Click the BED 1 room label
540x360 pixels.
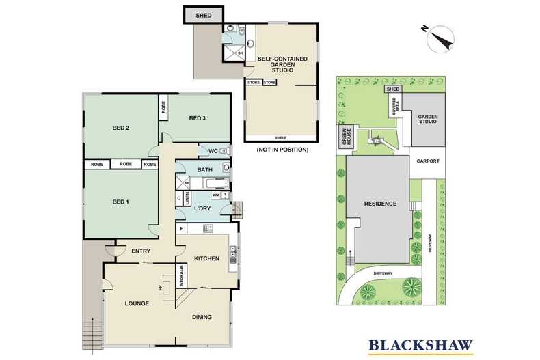[120, 202]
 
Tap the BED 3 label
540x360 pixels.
[198, 118]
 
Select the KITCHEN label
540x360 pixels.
[206, 258]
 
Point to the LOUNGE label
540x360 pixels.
[137, 303]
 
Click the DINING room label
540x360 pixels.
[202, 317]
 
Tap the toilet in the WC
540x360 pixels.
[224, 150]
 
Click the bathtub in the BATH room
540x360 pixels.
[215, 184]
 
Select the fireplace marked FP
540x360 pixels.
[168, 287]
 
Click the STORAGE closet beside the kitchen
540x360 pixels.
[182, 275]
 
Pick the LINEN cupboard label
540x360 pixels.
[187, 198]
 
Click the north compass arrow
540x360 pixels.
[440, 39]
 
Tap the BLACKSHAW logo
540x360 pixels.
[420, 346]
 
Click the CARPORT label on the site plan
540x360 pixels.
[428, 161]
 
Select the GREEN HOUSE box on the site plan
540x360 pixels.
[346, 137]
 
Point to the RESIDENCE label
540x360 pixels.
[380, 204]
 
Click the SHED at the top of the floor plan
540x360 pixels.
[204, 16]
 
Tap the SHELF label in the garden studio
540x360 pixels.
[281, 138]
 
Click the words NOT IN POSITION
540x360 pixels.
[282, 150]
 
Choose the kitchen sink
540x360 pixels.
[233, 255]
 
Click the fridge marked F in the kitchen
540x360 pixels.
[182, 229]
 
